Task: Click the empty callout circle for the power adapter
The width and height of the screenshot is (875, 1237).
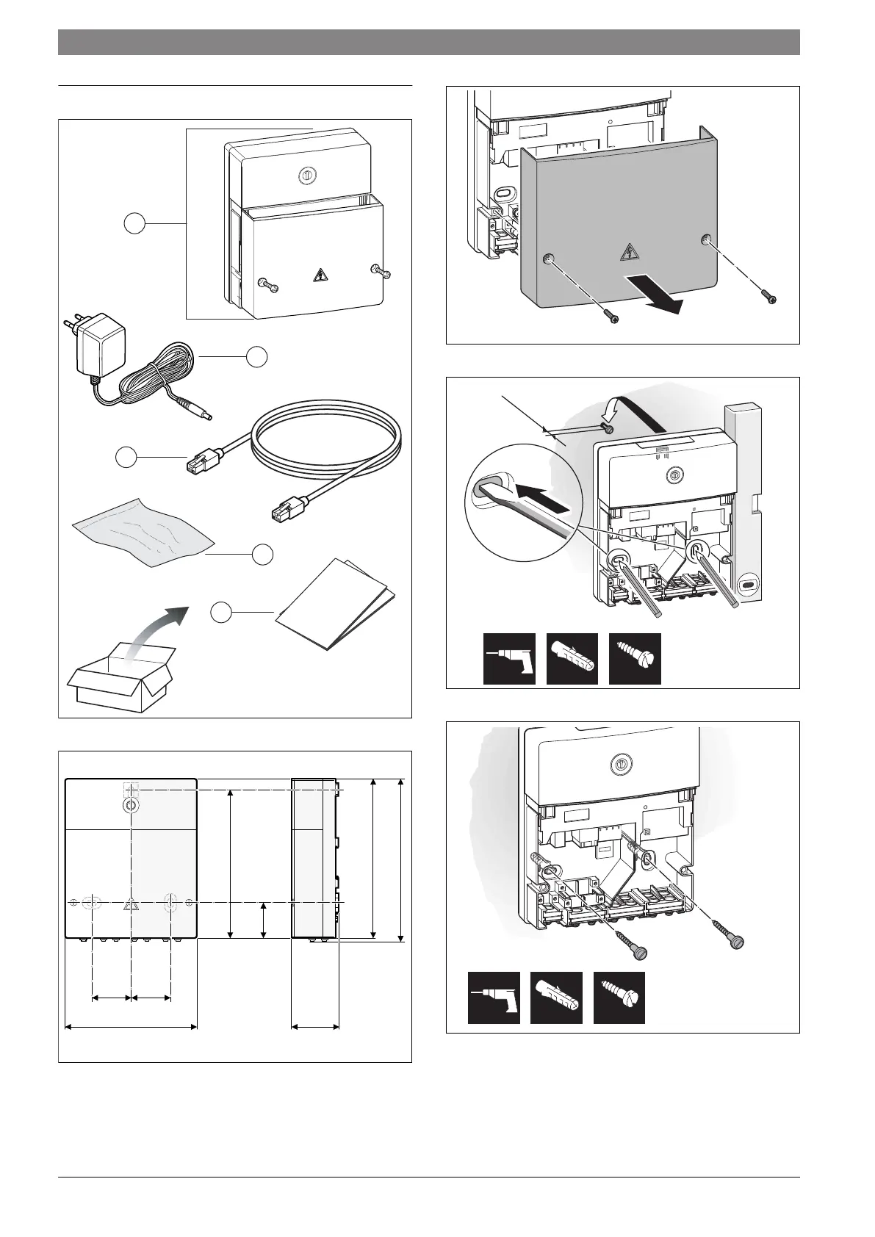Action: tap(256, 357)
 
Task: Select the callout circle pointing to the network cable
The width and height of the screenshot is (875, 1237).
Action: tap(126, 457)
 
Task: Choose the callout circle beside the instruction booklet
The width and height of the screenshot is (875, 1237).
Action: tap(222, 611)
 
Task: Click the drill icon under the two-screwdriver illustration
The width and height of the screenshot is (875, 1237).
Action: tap(509, 659)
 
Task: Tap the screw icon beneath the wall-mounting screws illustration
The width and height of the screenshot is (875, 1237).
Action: tap(619, 998)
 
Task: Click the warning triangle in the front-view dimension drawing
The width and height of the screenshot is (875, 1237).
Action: tap(131, 904)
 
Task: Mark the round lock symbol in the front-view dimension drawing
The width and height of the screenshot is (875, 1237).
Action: tap(130, 805)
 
